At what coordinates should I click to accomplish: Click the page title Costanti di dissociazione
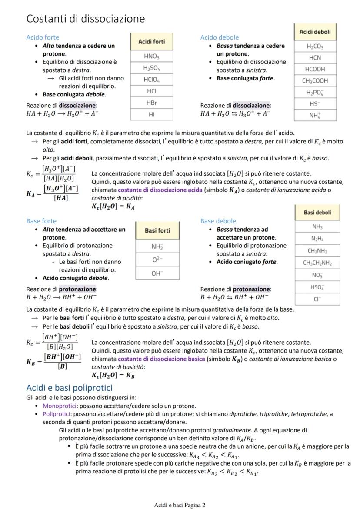[x=85, y=19]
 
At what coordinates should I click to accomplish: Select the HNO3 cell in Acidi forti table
[x=151, y=57]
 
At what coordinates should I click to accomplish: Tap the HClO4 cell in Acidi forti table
[x=151, y=80]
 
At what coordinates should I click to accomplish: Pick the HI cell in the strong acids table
[x=151, y=115]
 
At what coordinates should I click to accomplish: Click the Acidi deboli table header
[x=315, y=32]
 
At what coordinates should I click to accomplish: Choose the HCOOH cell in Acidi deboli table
[x=315, y=69]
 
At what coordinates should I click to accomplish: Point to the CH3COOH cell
[x=315, y=80]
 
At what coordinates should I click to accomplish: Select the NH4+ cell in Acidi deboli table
[x=315, y=115]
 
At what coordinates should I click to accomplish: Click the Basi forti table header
[x=157, y=230]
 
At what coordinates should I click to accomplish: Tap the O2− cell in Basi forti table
[x=157, y=259]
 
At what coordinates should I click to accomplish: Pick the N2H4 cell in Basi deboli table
[x=317, y=239]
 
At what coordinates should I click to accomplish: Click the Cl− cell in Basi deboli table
[x=317, y=299]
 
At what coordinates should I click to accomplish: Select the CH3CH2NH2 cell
[x=317, y=263]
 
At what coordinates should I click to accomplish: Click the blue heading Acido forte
[x=43, y=37]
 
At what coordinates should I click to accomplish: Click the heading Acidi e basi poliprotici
[x=69, y=388]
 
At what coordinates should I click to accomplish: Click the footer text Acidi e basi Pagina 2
[x=180, y=505]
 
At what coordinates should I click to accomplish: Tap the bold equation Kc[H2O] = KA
[x=113, y=207]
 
